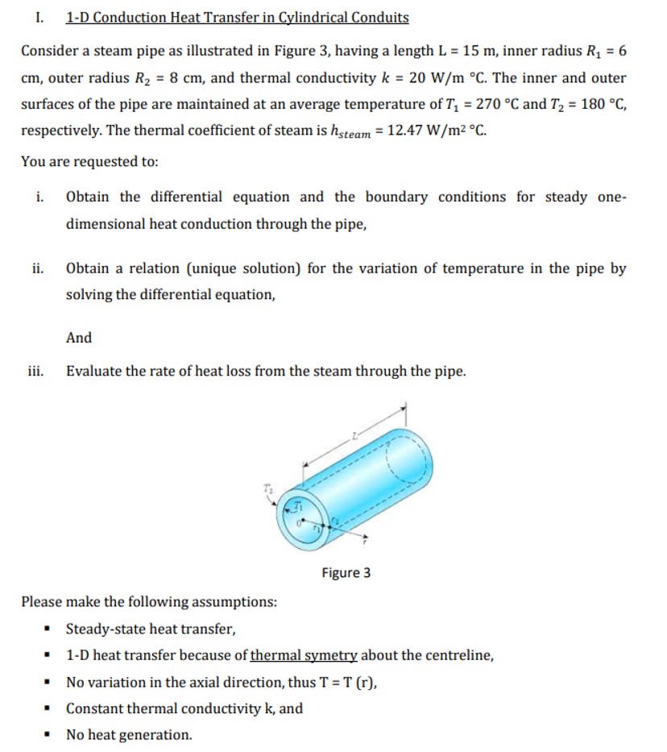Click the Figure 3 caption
coord(346,573)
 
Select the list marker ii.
coord(38,268)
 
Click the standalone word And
coord(79,338)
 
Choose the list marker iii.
coord(36,372)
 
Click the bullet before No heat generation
coord(49,735)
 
